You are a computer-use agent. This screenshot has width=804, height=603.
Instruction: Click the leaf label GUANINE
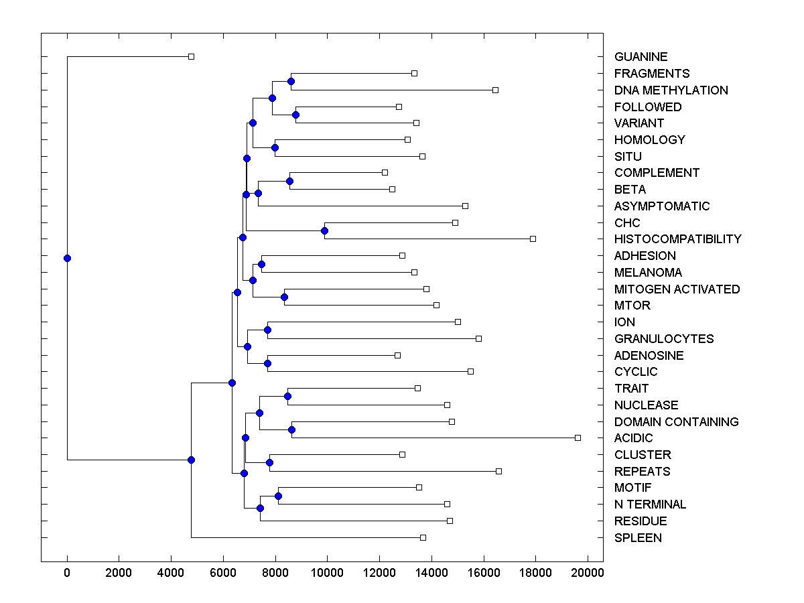641,57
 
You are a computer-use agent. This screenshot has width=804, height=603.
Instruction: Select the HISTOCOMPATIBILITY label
677,239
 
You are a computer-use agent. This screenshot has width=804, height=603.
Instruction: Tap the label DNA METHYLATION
671,90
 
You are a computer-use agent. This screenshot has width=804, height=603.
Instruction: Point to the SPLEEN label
638,538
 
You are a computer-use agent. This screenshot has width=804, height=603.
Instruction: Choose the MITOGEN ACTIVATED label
677,289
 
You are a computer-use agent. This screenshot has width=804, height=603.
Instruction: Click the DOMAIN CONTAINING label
676,422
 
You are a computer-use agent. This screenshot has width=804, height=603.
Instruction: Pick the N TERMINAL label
650,505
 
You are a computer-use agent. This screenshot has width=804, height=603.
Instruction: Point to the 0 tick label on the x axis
67,573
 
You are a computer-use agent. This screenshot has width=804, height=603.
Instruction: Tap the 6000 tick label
223,573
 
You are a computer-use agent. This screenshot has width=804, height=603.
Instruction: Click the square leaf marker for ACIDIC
578,438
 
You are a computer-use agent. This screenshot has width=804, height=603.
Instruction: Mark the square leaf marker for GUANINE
191,57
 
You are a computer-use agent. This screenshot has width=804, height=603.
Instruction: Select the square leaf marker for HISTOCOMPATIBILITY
533,239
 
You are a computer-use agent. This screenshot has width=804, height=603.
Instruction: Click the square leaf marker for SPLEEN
423,537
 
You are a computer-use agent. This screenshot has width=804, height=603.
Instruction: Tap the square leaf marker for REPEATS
498,471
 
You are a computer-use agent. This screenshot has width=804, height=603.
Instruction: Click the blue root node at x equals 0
67,258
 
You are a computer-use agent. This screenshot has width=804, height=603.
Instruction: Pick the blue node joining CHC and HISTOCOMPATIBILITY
324,230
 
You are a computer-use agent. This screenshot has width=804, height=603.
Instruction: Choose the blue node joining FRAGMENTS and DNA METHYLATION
291,81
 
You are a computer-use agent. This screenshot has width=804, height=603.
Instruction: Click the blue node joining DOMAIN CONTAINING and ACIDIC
291,429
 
